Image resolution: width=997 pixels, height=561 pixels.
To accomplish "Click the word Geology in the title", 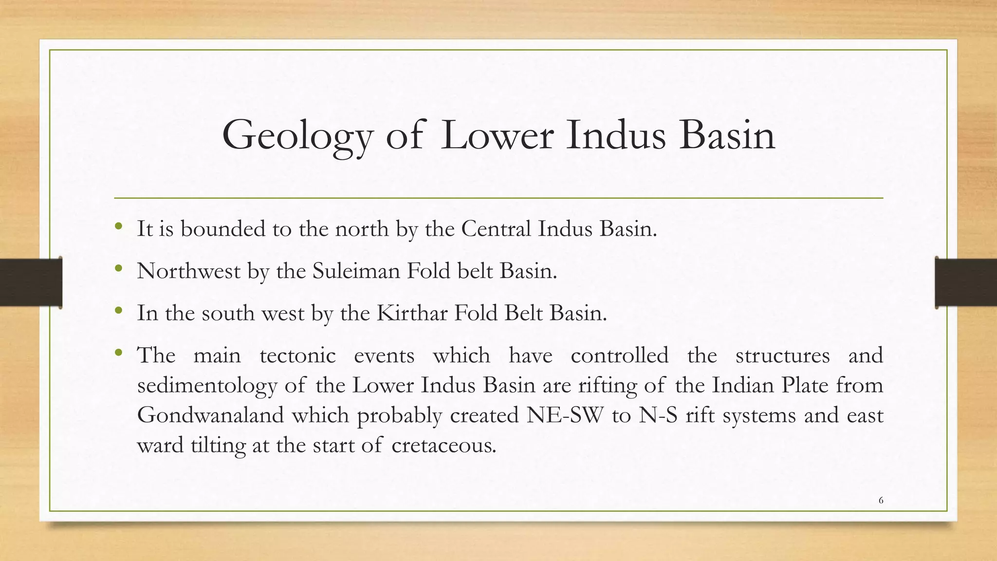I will click(297, 136).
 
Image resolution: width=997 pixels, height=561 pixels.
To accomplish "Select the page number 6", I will click(881, 500).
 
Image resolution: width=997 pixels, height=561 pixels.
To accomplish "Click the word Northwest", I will click(188, 271).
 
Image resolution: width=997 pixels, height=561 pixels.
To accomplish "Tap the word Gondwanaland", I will click(210, 415).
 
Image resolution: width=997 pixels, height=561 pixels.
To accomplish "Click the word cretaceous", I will click(443, 446).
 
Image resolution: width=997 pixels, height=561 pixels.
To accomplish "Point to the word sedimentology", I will click(207, 386).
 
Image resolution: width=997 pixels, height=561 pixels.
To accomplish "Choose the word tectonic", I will click(297, 355).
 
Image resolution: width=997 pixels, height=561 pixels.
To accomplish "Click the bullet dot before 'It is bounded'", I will click(118, 226).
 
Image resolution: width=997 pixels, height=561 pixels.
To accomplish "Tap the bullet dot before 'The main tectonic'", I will click(118, 352).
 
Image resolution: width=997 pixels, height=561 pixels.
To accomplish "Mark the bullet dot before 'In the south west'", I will click(118, 310).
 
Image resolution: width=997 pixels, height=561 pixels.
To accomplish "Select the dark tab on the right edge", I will click(966, 282).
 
